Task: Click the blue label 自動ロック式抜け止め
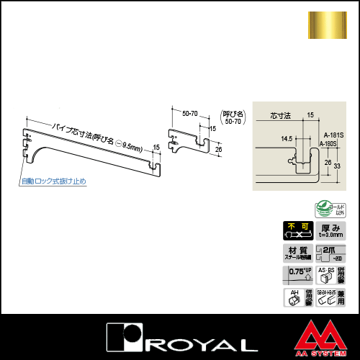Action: (x=54, y=181)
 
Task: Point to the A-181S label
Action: (x=333, y=133)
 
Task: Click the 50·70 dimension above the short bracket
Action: (x=191, y=113)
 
